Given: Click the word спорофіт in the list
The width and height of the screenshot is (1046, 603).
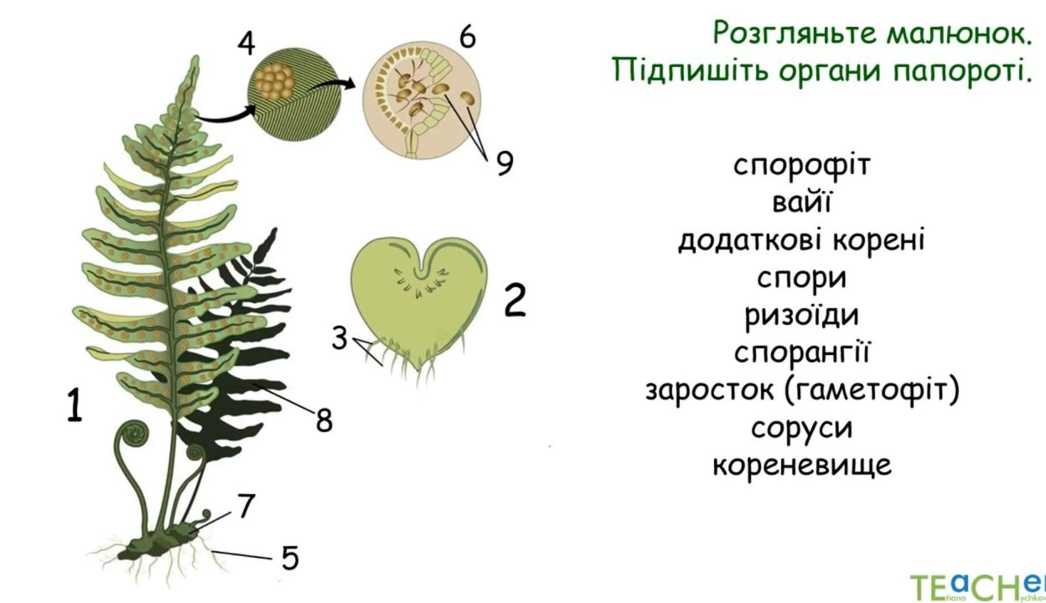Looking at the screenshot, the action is pyautogui.click(x=802, y=165).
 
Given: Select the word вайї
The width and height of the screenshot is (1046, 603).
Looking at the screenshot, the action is pyautogui.click(x=802, y=202).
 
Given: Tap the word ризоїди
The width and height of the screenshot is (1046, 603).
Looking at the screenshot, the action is pyautogui.click(x=802, y=315).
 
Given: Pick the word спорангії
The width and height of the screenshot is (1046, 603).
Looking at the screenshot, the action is pyautogui.click(x=802, y=353).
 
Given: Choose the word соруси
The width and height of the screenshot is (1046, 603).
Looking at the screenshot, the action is pyautogui.click(x=802, y=429).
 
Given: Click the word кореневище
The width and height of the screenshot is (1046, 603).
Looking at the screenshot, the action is pyautogui.click(x=802, y=465).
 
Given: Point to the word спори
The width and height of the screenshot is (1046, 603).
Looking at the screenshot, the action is pyautogui.click(x=802, y=278).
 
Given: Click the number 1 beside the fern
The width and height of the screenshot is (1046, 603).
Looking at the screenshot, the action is pyautogui.click(x=74, y=406).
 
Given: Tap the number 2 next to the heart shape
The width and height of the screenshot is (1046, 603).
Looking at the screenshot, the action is pyautogui.click(x=515, y=299).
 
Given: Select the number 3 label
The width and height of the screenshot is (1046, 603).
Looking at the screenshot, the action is pyautogui.click(x=340, y=338).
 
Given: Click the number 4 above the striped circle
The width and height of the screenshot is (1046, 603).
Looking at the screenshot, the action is pyautogui.click(x=246, y=43).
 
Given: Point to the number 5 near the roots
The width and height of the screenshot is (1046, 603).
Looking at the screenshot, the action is pyautogui.click(x=290, y=557).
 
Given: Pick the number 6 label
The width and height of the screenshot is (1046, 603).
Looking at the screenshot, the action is pyautogui.click(x=468, y=36).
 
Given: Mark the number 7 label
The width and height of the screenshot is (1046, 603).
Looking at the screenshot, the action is pyautogui.click(x=246, y=506).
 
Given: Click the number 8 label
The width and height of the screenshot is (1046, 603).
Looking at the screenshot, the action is pyautogui.click(x=324, y=420).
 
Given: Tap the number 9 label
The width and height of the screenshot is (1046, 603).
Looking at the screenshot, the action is pyautogui.click(x=505, y=163).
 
